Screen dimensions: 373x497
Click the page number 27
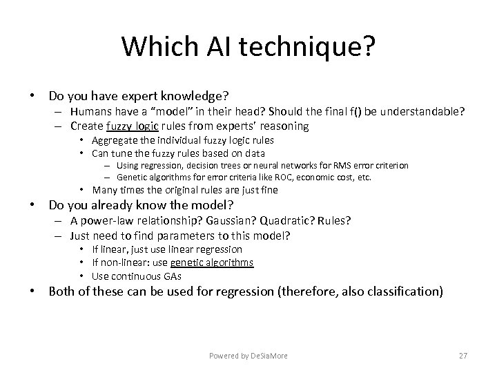click(x=463, y=356)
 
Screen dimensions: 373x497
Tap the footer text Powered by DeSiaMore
click(x=248, y=356)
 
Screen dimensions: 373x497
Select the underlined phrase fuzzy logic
click(x=133, y=126)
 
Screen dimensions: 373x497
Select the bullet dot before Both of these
click(x=32, y=291)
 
